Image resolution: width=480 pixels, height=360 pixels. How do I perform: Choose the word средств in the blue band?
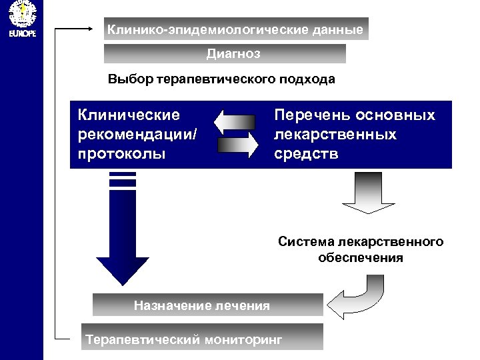tap(306, 154)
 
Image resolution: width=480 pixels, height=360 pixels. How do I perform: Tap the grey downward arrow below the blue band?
tap(368, 193)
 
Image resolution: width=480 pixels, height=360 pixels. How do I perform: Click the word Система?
tap(306, 241)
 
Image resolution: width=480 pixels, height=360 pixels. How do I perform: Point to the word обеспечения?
tap(361, 257)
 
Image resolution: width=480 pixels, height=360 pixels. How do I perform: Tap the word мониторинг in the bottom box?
tap(243, 340)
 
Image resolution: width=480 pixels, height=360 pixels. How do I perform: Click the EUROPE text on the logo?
tap(21, 33)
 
